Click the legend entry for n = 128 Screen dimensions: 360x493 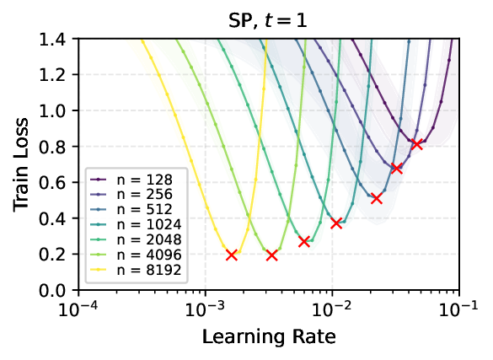[x=129, y=179]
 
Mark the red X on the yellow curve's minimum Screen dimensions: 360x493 [x=232, y=255]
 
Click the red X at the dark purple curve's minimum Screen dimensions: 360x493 [x=416, y=144]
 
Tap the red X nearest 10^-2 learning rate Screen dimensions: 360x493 [x=336, y=223]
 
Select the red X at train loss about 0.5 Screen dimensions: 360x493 [x=377, y=198]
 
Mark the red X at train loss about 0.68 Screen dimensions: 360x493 [x=396, y=169]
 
